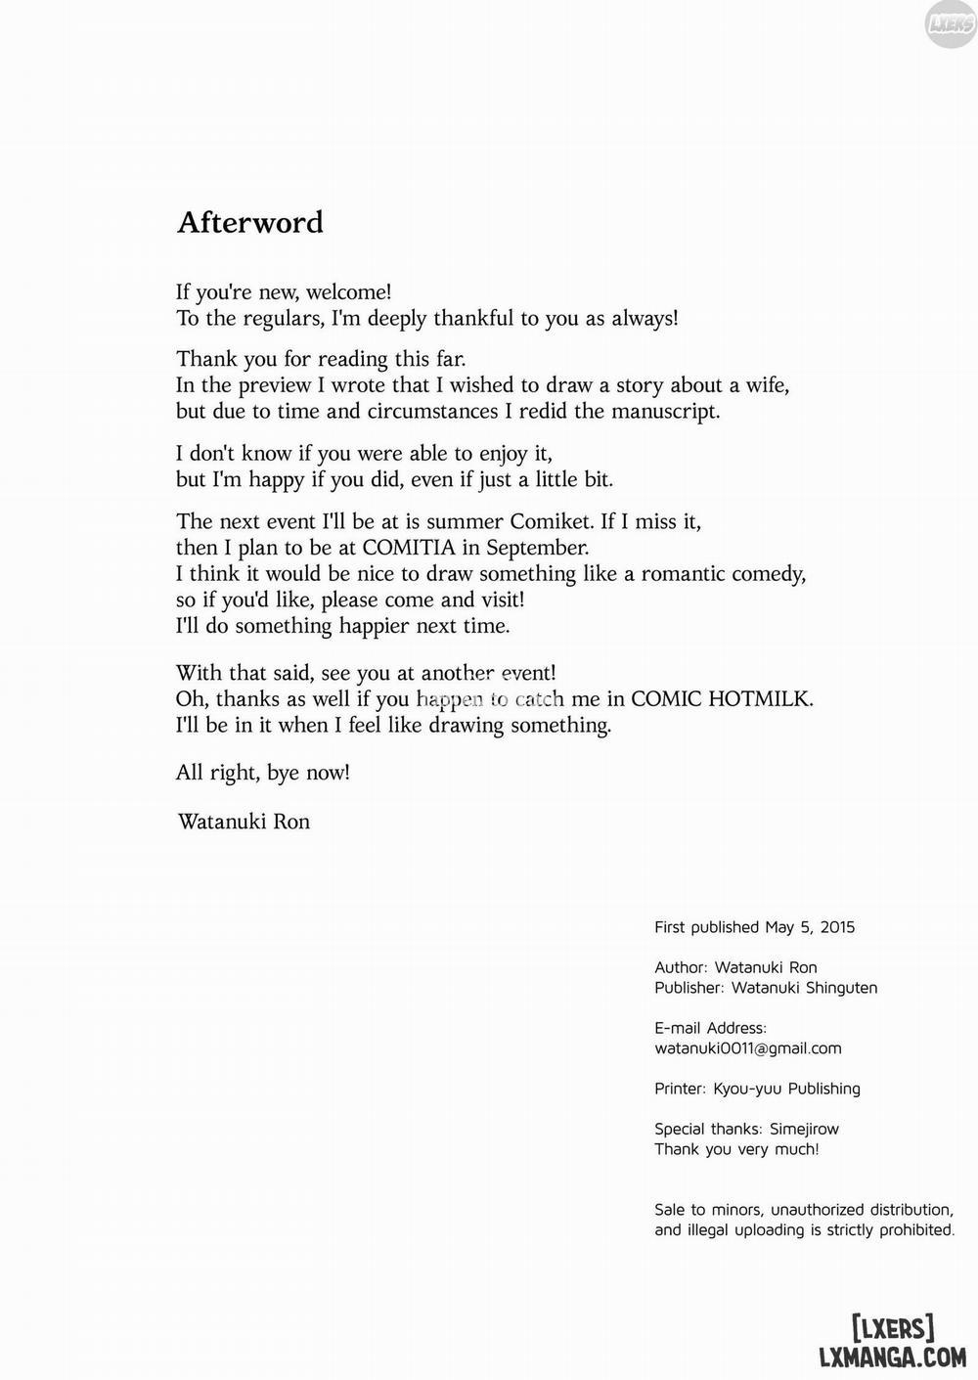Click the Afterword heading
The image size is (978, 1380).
[x=249, y=222]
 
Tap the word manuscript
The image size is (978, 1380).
[x=665, y=411]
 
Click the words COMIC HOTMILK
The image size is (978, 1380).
[x=722, y=699]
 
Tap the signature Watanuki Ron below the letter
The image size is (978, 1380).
[x=244, y=822]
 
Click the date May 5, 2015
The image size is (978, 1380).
[x=810, y=927]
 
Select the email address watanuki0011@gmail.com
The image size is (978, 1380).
[x=748, y=1048]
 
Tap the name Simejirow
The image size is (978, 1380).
[x=804, y=1129]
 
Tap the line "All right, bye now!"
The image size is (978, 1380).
[x=262, y=773]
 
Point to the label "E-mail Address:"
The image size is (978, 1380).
[x=711, y=1028]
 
